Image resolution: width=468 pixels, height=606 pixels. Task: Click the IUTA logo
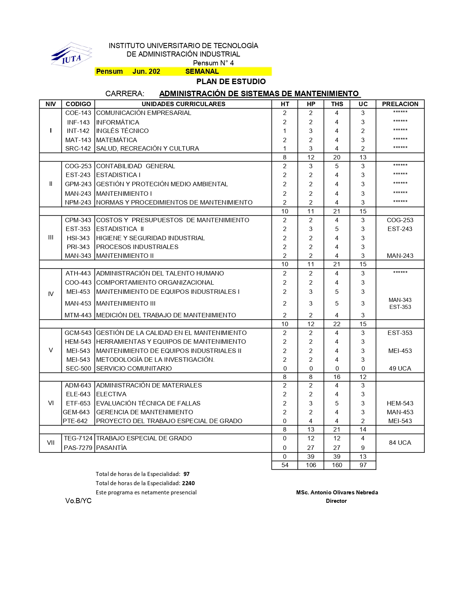[x=71, y=55]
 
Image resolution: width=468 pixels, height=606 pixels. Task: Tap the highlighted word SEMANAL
[x=202, y=72]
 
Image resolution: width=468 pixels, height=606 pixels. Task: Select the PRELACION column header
[x=400, y=104]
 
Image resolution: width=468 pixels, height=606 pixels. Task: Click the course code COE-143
[x=78, y=113]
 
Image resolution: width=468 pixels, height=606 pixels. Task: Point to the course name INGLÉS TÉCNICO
[x=122, y=131]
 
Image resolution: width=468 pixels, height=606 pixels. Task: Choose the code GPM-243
[x=78, y=184]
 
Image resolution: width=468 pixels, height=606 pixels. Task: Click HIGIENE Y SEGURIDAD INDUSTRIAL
[x=150, y=238]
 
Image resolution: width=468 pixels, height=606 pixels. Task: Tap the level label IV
[x=51, y=294]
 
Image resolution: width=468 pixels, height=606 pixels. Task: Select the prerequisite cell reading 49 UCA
[x=400, y=368]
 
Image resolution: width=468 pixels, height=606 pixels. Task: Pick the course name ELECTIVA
[x=111, y=394]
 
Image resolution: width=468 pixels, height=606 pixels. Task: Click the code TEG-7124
[x=78, y=438]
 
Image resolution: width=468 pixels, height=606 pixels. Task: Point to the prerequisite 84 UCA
[x=400, y=443]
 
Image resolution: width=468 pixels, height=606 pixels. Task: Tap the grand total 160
[x=337, y=465]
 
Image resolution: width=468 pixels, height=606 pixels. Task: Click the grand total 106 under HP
[x=311, y=465]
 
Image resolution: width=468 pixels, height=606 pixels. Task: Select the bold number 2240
[x=188, y=483]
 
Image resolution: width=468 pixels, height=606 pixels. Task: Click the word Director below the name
[x=336, y=501]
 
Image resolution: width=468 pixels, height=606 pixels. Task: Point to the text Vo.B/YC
[x=79, y=501]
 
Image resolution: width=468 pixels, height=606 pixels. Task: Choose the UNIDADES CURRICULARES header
[x=184, y=104]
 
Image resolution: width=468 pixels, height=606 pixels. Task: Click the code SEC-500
[x=78, y=368]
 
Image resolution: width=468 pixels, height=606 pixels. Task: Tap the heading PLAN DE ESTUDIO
[x=231, y=82]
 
